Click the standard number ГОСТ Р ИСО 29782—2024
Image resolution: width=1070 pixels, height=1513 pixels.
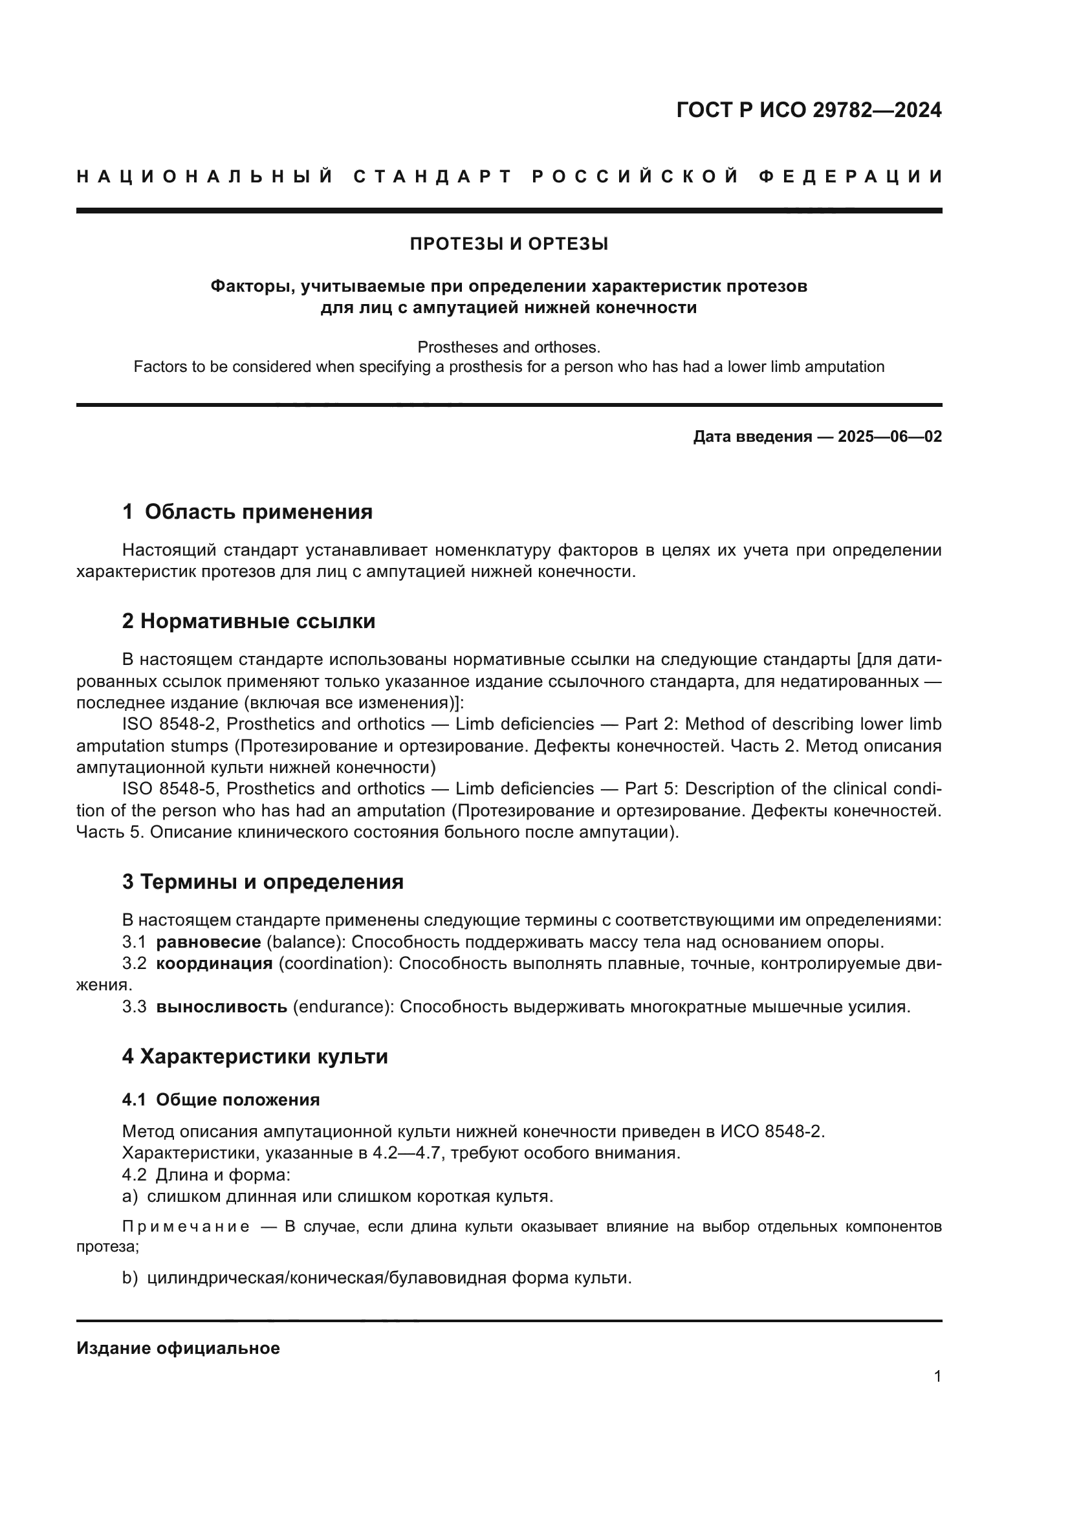[x=809, y=110]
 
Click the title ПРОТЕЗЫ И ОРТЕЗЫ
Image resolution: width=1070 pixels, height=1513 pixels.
[x=508, y=245]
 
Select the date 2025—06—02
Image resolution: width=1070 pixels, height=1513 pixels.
[x=890, y=437]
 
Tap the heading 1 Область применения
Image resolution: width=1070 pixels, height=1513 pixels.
[x=247, y=512]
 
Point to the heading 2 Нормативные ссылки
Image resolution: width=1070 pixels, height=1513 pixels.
[x=248, y=622]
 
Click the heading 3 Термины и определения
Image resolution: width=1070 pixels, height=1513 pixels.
[x=262, y=882]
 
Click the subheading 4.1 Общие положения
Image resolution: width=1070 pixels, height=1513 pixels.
[x=221, y=1100]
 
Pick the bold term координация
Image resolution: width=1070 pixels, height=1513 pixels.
[x=214, y=964]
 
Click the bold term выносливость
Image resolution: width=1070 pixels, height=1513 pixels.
[x=221, y=1007]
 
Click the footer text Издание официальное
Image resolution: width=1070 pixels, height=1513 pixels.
[x=178, y=1348]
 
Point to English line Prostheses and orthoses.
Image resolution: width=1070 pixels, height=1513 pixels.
[x=508, y=347]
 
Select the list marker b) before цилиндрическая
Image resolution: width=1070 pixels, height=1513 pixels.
[x=130, y=1278]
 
